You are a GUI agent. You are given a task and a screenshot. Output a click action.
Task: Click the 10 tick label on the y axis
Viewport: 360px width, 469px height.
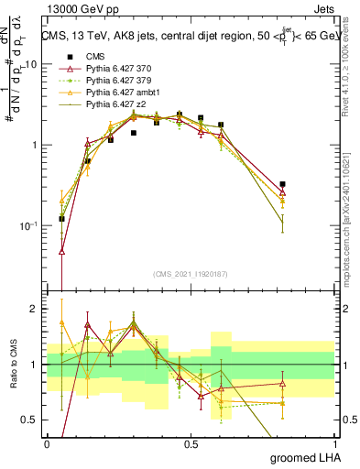[31, 65]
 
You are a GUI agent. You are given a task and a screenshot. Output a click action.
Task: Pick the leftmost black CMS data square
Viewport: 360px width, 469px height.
[61, 218]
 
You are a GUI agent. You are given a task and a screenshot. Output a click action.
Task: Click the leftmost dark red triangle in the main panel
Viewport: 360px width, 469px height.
[61, 250]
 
